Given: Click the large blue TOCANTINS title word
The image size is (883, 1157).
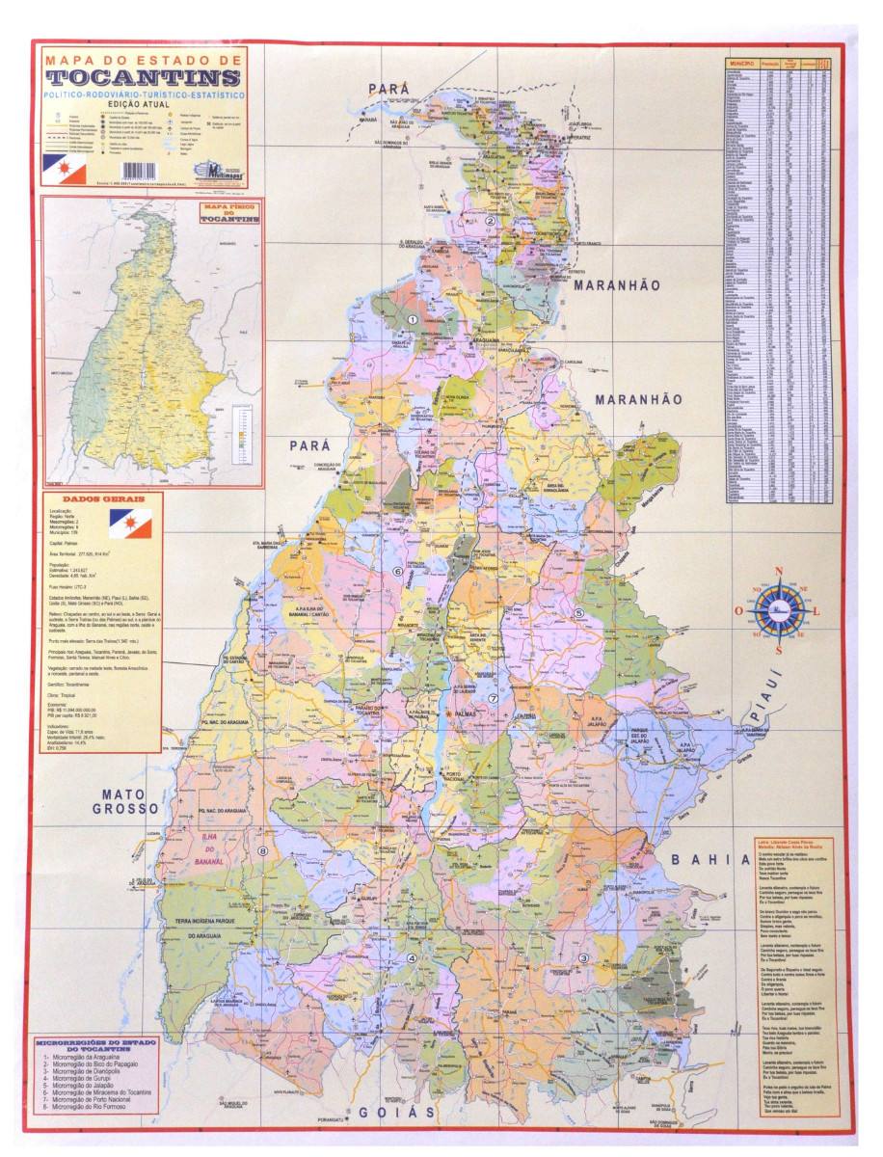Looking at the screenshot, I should [x=143, y=78].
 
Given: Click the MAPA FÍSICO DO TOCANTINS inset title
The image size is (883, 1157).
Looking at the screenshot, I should [x=228, y=213].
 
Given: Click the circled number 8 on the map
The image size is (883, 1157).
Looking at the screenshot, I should [x=262, y=851].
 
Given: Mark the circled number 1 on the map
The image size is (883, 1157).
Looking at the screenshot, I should [x=413, y=319].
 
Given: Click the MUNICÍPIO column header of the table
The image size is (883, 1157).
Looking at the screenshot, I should [x=741, y=64].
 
